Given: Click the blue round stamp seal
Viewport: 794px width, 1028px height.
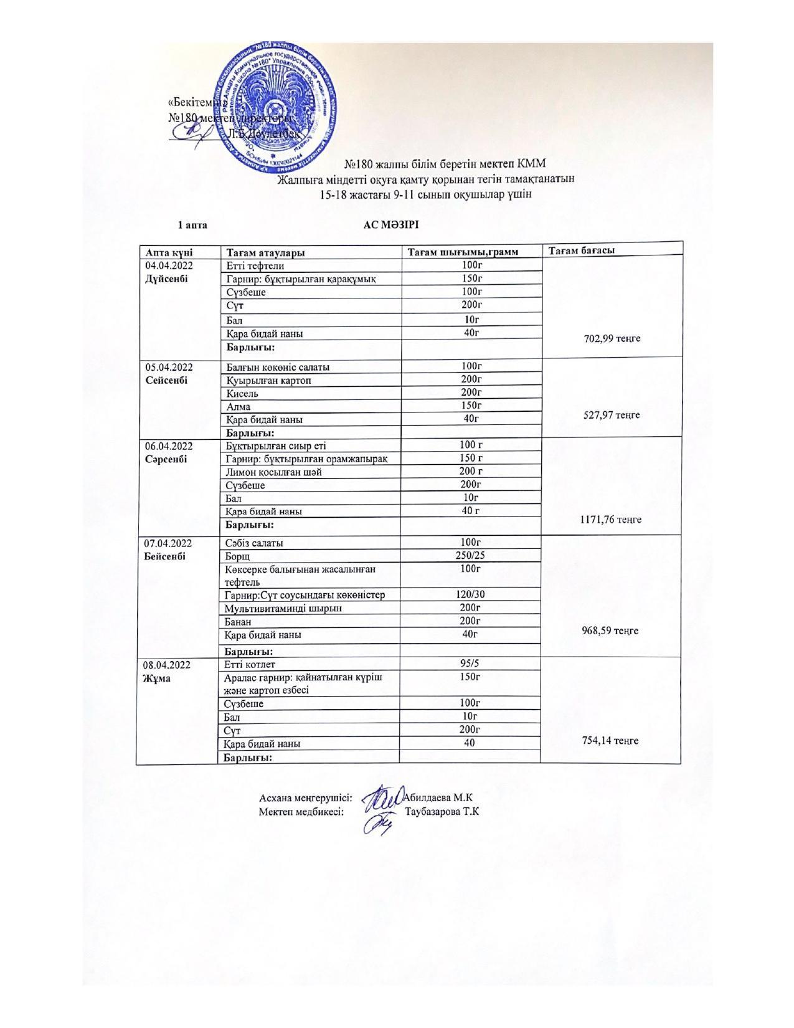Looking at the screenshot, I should (277, 110).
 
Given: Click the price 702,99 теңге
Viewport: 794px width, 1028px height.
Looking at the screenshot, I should (612, 338).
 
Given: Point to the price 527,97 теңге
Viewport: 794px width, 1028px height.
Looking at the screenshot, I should (612, 415).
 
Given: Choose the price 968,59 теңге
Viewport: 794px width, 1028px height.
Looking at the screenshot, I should (610, 631).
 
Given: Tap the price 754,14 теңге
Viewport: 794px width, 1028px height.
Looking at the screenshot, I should (610, 740).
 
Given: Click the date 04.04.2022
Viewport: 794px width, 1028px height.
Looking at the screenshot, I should (169, 266).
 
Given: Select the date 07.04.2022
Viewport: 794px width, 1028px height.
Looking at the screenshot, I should (169, 543).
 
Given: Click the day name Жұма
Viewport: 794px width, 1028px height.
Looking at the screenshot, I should (157, 678).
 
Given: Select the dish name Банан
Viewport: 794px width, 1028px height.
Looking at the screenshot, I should (239, 621).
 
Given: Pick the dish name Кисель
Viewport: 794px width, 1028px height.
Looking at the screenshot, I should (242, 394).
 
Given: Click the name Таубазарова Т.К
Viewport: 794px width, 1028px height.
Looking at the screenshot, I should (442, 812).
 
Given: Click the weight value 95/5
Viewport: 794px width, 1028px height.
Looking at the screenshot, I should (471, 664).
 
